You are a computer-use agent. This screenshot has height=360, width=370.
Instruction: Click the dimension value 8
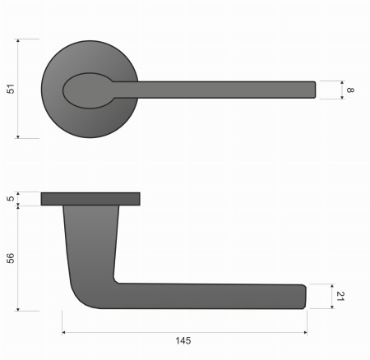tap(349, 90)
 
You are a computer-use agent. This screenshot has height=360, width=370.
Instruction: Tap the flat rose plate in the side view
tap(90, 198)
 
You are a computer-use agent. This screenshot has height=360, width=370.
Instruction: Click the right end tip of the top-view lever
tap(313, 90)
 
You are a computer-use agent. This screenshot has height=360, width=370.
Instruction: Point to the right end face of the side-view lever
tap(305, 296)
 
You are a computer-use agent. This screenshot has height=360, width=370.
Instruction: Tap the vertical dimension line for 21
tap(332, 296)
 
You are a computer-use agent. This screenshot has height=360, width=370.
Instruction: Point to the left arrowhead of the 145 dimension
tap(65, 333)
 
